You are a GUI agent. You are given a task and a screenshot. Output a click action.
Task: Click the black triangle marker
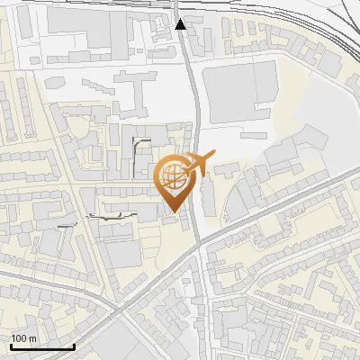181,23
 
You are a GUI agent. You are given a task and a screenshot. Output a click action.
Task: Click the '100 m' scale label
24,338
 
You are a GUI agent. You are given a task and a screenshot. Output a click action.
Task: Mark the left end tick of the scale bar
11,345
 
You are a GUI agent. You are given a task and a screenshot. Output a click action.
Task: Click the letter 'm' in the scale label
32,338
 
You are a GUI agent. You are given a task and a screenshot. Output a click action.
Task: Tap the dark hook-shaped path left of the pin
137,148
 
